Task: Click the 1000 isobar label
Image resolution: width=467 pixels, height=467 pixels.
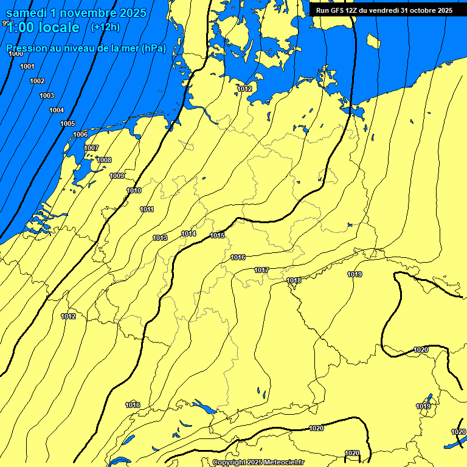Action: coord(16,54)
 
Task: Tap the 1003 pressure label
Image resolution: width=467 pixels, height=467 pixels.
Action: coord(47,95)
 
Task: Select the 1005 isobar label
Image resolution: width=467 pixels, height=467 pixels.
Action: coord(67,123)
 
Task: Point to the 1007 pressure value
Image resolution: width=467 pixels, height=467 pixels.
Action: coord(91,148)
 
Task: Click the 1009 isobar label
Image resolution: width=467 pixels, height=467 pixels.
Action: coord(117,176)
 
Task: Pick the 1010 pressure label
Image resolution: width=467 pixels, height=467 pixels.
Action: coord(134,191)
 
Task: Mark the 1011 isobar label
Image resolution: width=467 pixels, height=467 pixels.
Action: coord(147,209)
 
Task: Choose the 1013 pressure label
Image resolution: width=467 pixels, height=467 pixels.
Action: coord(160,238)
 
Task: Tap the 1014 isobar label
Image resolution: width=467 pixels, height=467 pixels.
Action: coord(189,233)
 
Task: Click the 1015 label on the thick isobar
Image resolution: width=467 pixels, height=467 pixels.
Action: coord(217,235)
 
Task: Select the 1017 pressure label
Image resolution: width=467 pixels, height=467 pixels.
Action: coord(261,270)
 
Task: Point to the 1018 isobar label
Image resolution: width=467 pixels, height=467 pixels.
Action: coord(294,280)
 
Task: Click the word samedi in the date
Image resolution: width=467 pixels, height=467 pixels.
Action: coord(29,13)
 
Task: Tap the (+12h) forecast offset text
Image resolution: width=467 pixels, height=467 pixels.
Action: coord(105,27)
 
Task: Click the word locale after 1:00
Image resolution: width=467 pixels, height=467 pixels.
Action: coord(58,27)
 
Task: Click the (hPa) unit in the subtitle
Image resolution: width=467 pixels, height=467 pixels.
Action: coord(153,49)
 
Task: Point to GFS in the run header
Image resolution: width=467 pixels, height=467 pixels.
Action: coord(337,10)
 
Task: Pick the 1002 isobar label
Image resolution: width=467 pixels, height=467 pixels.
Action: coord(37,81)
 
